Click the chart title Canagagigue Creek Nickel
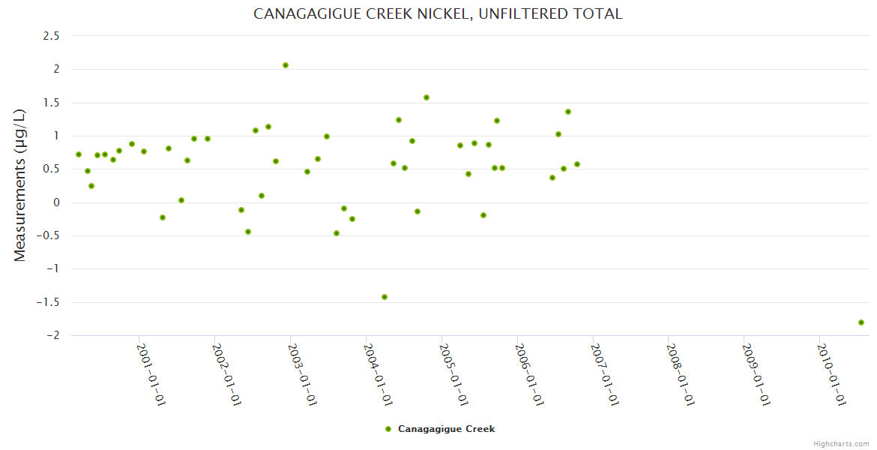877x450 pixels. pyautogui.click(x=438, y=13)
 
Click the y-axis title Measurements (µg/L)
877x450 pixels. pyautogui.click(x=20, y=185)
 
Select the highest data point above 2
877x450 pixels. pyautogui.click(x=286, y=65)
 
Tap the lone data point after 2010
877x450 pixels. pyautogui.click(x=861, y=322)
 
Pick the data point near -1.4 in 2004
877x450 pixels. pyautogui.click(x=385, y=297)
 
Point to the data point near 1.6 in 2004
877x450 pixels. pyautogui.click(x=427, y=97)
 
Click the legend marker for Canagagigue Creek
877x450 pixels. pyautogui.click(x=388, y=429)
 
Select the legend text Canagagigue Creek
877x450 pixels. pyautogui.click(x=446, y=429)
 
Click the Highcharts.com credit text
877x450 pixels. pyautogui.click(x=841, y=443)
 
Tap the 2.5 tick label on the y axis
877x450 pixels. pyautogui.click(x=50, y=36)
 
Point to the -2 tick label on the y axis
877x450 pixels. pyautogui.click(x=52, y=335)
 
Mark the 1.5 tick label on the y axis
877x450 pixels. pyautogui.click(x=50, y=103)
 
